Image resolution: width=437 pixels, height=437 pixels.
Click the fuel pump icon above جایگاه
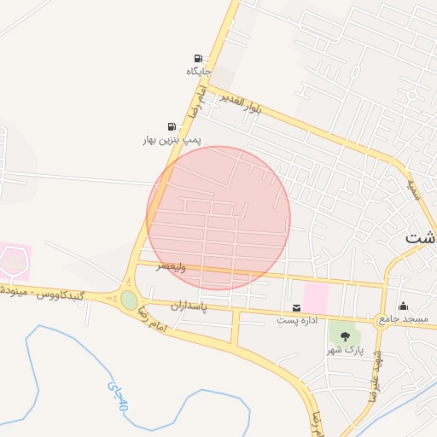click(x=198, y=58)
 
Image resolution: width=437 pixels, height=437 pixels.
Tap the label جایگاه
click(x=198, y=72)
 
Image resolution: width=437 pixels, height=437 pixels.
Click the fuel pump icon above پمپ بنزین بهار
click(x=172, y=125)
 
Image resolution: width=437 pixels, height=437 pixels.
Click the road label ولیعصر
click(x=171, y=266)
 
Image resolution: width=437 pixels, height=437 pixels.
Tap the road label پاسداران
click(x=189, y=305)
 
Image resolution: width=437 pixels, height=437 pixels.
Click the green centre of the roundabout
click(x=129, y=300)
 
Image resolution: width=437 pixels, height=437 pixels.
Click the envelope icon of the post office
click(x=296, y=307)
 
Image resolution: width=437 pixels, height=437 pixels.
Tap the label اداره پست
click(x=296, y=320)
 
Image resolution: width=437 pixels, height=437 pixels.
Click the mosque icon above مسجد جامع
click(x=403, y=306)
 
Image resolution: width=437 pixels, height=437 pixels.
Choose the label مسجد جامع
click(x=405, y=319)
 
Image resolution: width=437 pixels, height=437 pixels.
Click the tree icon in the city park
click(x=345, y=336)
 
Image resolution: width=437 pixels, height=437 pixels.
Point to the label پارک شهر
click(x=345, y=350)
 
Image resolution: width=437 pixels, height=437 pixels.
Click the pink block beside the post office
click(x=316, y=298)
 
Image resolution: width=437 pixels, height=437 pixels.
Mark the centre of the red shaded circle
click(x=218, y=218)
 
